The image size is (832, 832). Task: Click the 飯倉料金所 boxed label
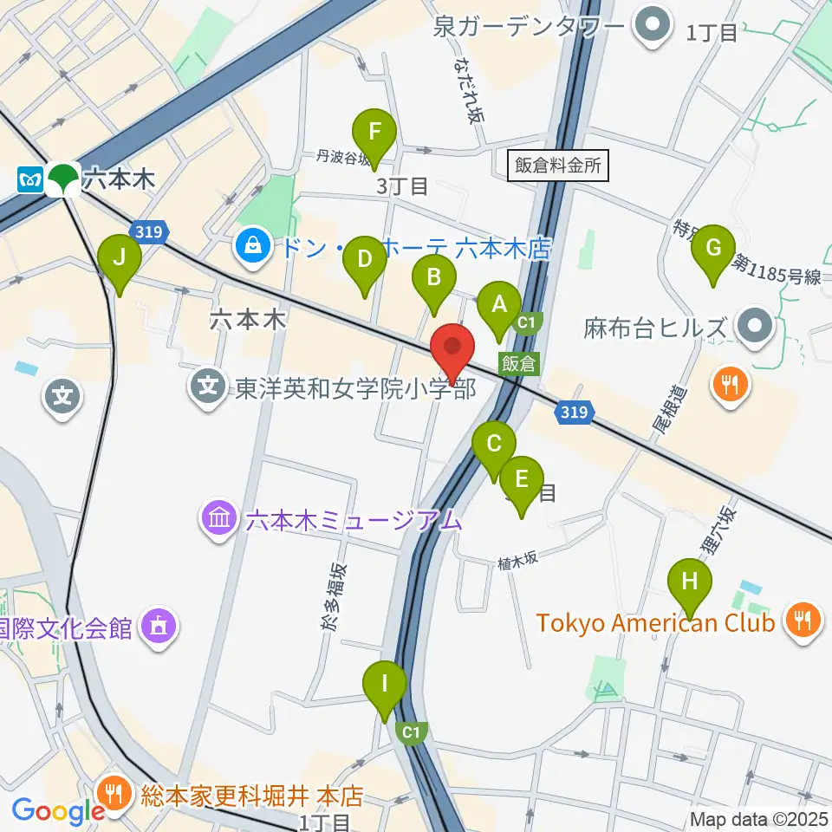point(557,166)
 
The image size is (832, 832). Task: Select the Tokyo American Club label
point(655,623)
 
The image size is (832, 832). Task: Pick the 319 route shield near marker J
point(145,231)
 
